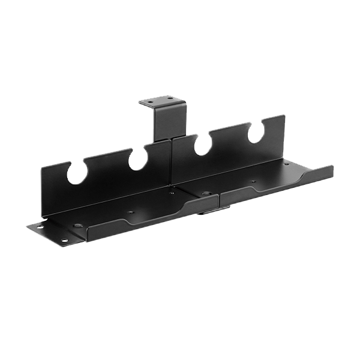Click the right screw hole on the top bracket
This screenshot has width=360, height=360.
[x=170, y=97]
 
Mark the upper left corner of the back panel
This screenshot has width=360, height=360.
[x=41, y=170]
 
